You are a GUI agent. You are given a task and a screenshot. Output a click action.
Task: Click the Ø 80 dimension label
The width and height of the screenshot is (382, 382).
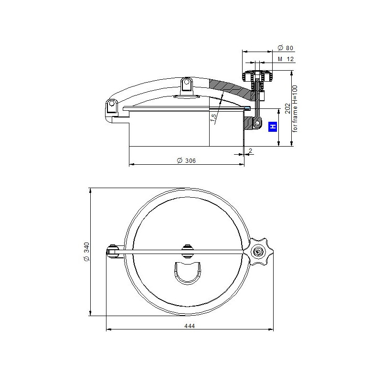pyautogui.click(x=285, y=48)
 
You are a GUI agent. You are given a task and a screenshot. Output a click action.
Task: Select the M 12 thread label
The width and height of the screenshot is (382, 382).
pyautogui.click(x=286, y=59)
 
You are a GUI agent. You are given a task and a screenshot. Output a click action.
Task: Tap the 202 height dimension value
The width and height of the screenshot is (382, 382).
pyautogui.click(x=288, y=108)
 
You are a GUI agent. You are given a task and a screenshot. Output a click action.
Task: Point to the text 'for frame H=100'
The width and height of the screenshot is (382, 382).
pyautogui.click(x=295, y=109)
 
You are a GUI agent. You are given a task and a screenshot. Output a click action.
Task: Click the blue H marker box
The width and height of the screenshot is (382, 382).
pyautogui.click(x=273, y=127)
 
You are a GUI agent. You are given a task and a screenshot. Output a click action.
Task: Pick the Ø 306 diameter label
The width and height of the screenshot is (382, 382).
pyautogui.click(x=186, y=160)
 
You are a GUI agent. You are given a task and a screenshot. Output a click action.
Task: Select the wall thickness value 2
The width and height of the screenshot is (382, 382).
pyautogui.click(x=250, y=150)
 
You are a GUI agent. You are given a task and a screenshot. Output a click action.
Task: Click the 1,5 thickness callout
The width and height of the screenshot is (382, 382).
pyautogui.click(x=213, y=117)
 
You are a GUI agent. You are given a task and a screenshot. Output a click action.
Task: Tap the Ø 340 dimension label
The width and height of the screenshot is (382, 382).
pyautogui.click(x=87, y=252)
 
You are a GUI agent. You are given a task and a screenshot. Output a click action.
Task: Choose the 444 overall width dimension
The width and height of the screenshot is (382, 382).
pyautogui.click(x=190, y=326)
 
